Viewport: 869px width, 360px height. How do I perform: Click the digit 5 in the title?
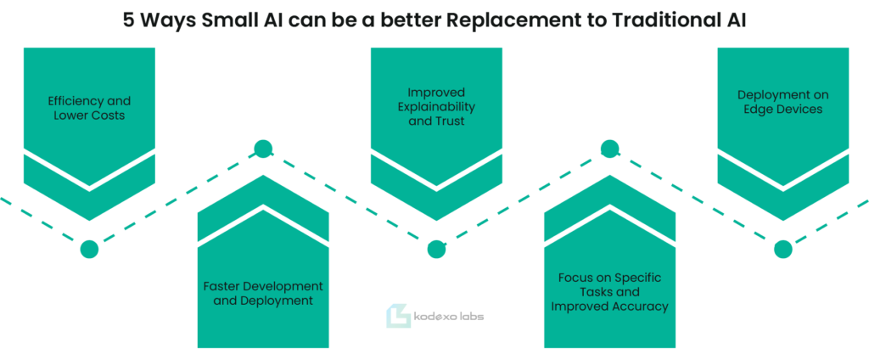pos(128,20)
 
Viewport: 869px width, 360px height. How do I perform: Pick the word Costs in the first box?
pos(109,116)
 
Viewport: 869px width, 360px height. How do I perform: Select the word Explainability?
pos(436,106)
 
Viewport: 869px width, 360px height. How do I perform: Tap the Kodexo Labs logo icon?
pos(398,316)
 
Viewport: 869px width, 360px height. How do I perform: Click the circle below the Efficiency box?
pos(89,250)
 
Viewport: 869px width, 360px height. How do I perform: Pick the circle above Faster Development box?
pos(263,149)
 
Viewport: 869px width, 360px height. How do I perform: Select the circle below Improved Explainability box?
pos(436,250)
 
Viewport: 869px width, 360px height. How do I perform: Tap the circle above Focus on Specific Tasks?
pos(609,149)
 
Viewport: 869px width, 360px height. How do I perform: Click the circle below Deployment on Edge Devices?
pos(782,250)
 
